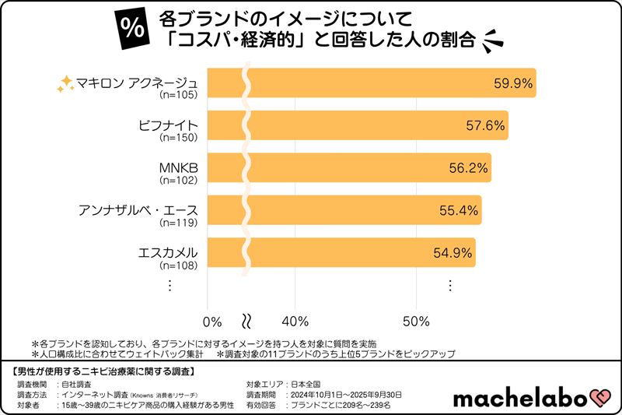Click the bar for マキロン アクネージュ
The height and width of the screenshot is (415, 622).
pos(373,83)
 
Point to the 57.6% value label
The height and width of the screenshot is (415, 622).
pos(484,125)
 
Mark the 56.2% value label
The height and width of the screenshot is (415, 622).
pos(467,167)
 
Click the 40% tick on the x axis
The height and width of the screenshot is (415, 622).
pos(295,321)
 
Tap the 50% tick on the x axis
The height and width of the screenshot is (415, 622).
pos(418,321)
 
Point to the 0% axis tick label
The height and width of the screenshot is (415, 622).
pos(211,321)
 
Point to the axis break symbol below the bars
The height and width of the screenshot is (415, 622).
pos(246,321)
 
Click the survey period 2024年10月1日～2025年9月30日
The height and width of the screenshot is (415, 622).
pos(345,395)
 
